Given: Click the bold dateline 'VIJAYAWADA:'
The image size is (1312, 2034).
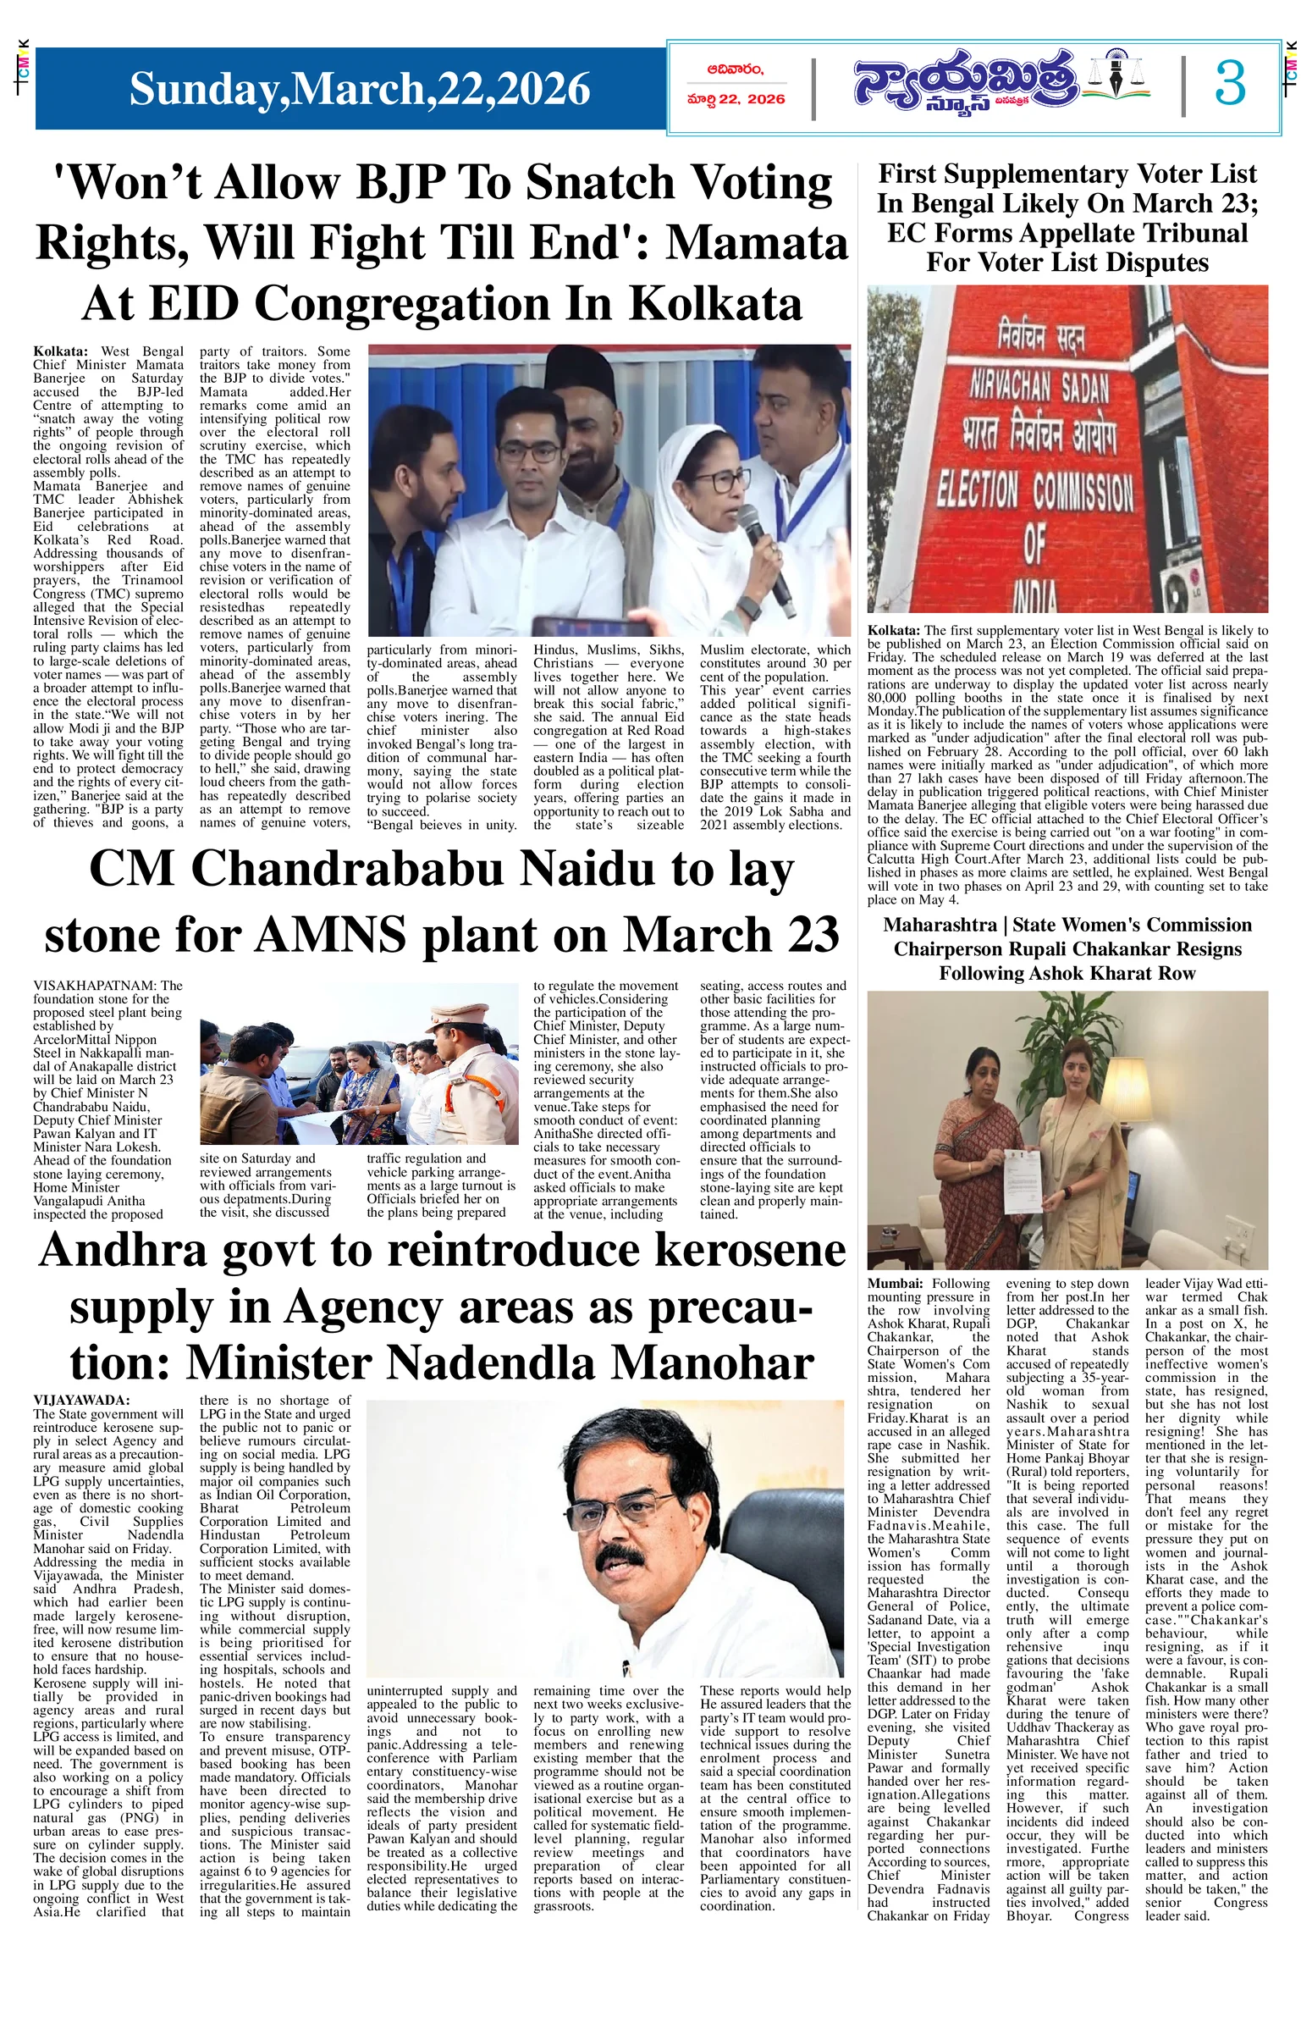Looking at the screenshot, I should pos(81,1400).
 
